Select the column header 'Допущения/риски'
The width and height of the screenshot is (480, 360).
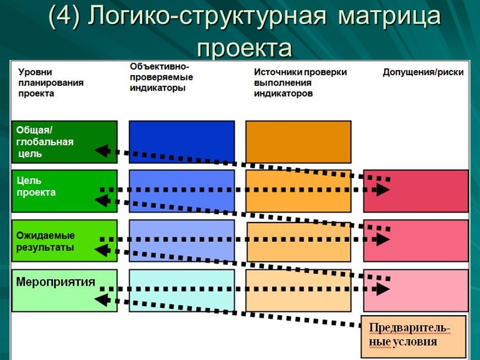click(x=423, y=73)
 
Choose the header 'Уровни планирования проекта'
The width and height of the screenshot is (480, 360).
click(x=50, y=83)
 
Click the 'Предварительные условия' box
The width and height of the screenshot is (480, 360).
click(x=413, y=336)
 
